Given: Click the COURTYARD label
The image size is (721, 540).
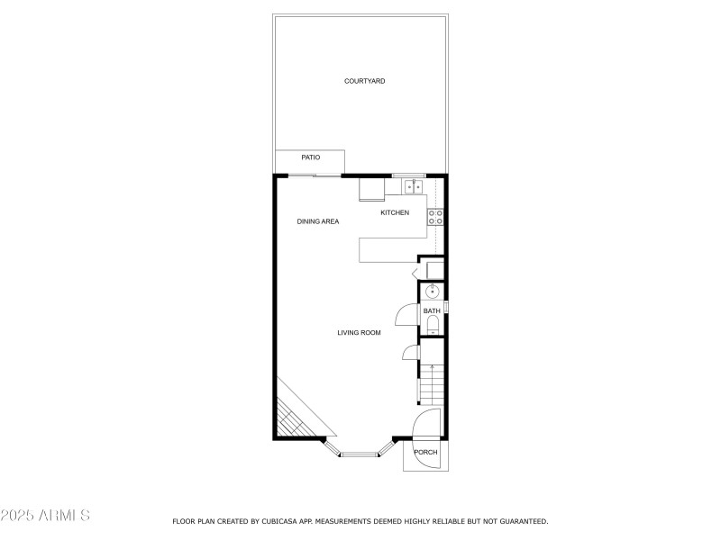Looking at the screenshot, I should (x=364, y=81).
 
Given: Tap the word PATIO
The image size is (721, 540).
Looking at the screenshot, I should (x=310, y=157).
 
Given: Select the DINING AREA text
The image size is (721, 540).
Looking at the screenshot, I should (x=318, y=220).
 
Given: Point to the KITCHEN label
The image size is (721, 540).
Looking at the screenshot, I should (x=395, y=212).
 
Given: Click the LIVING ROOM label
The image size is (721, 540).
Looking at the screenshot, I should (x=359, y=333).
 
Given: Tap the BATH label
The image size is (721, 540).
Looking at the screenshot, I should (x=433, y=311).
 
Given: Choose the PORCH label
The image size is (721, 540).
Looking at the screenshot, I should (x=425, y=452).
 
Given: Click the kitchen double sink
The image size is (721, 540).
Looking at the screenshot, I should (x=414, y=186).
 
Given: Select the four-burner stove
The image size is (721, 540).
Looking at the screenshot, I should (x=434, y=216).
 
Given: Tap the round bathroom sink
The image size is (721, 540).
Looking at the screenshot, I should (x=433, y=291).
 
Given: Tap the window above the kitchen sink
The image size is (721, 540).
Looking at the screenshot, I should (x=408, y=175).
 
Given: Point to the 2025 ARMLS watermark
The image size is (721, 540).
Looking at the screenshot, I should (x=45, y=516).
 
